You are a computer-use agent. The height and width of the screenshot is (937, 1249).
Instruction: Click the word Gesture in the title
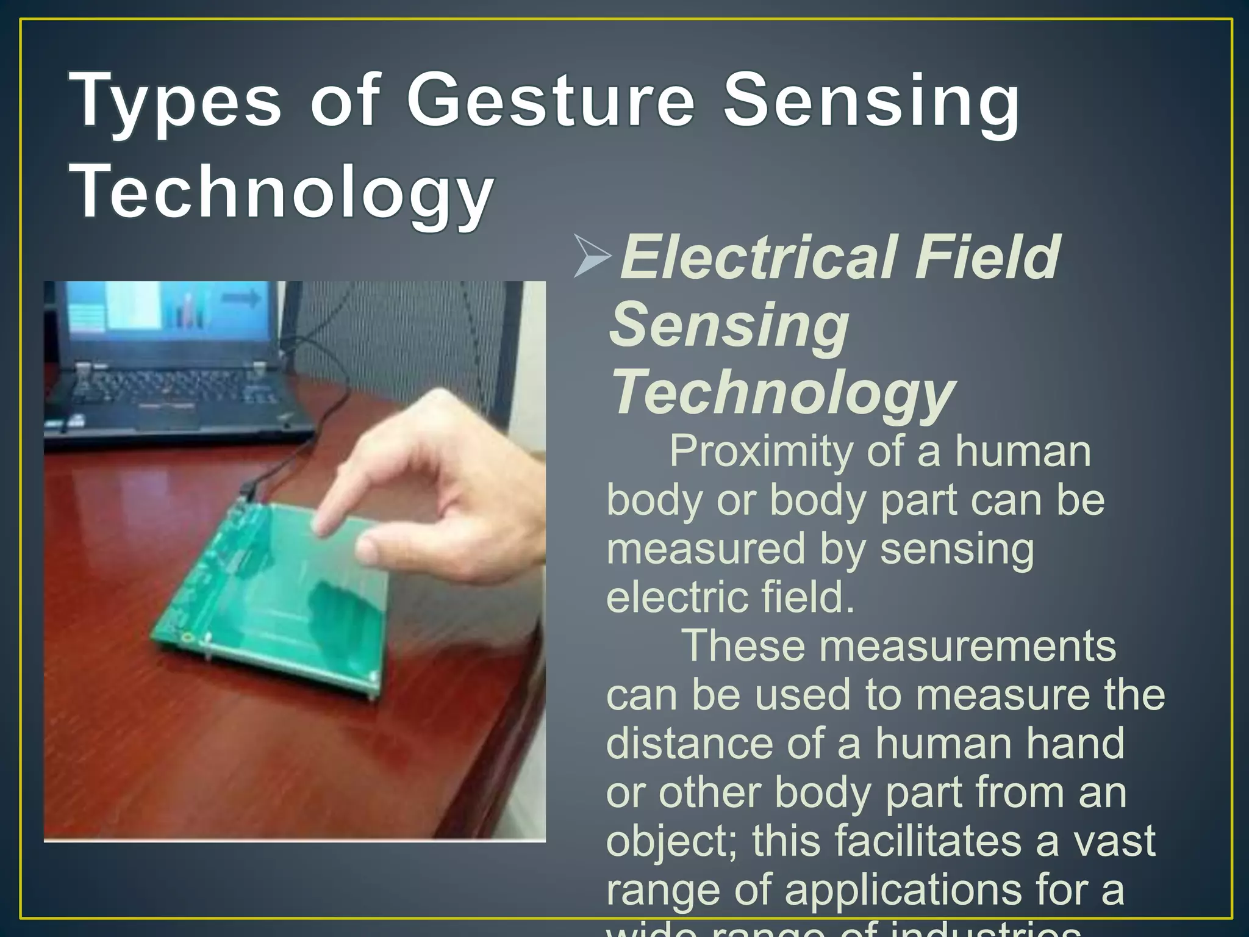(x=550, y=101)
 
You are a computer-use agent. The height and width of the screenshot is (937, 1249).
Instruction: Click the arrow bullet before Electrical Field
(x=592, y=257)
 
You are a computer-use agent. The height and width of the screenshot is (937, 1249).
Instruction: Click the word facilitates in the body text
(x=928, y=841)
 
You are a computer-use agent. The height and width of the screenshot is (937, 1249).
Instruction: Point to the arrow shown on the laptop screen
(x=241, y=298)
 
